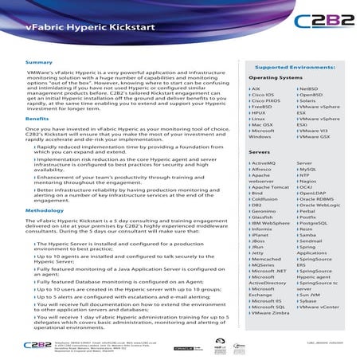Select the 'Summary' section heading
(39, 62)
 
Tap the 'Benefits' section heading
(37, 117)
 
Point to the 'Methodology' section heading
(44, 208)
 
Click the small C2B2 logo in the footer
(37, 346)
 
